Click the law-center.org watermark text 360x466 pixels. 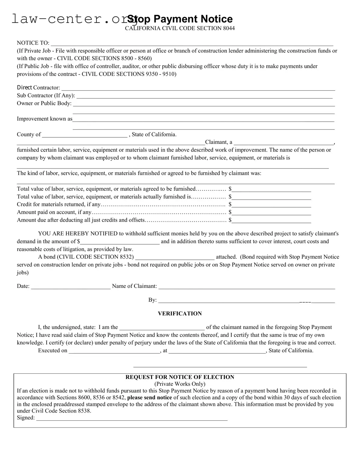[x=70, y=19]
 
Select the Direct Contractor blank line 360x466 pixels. [x=198, y=88]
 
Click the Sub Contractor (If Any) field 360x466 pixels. [x=204, y=96]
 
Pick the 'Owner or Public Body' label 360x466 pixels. [x=44, y=103]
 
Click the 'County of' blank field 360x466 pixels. [x=85, y=135]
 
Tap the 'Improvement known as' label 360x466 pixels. [x=44, y=119]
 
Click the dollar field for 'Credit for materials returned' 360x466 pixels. [x=271, y=205]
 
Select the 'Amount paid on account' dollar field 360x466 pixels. [x=271, y=213]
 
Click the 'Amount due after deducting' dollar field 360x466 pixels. [x=271, y=220]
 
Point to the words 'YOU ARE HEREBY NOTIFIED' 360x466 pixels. [x=78, y=233]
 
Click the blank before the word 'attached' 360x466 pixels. [x=175, y=257]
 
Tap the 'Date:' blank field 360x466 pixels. [x=71, y=286]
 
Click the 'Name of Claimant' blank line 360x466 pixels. [x=247, y=286]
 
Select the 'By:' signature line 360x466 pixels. [x=246, y=300]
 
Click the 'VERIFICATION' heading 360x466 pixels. [x=180, y=314]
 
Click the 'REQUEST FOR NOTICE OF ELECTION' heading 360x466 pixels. [x=180, y=377]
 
